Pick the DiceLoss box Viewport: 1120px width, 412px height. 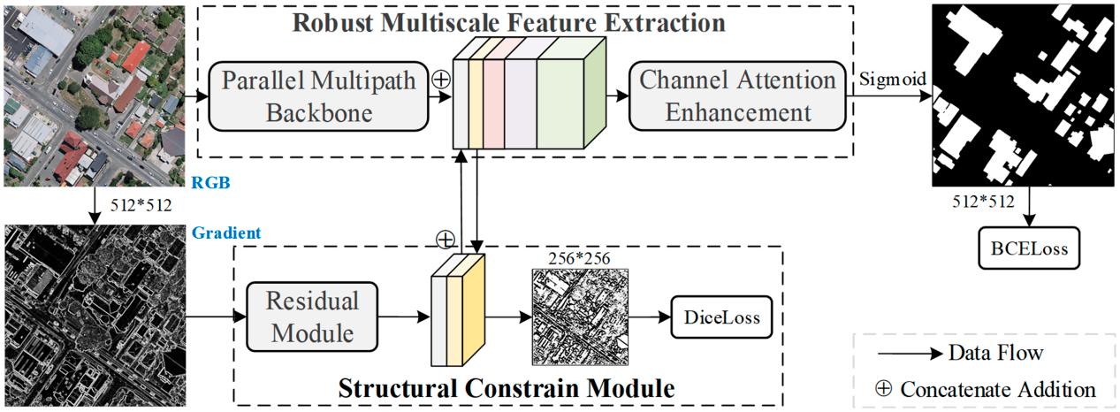point(720,317)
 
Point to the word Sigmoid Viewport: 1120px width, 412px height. point(893,79)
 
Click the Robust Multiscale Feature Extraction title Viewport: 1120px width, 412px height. point(509,21)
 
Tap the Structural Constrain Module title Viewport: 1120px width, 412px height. point(507,388)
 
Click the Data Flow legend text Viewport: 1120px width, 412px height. point(995,353)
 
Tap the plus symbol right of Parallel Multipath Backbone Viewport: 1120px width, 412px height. point(438,80)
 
